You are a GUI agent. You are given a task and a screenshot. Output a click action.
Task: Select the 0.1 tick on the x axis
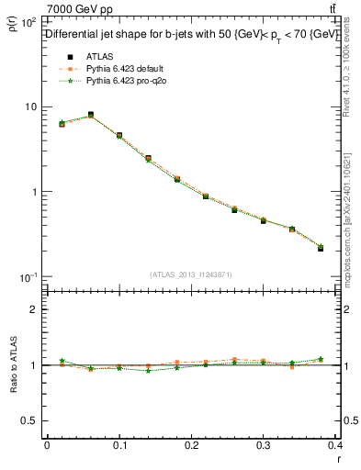pos(119,446)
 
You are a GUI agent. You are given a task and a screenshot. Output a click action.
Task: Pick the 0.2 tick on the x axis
pos(192,446)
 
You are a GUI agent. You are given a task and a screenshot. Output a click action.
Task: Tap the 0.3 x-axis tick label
pos(265,446)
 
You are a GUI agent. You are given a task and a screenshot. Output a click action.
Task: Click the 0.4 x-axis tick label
pos(336,446)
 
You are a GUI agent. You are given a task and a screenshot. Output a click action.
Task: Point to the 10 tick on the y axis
pos(30,107)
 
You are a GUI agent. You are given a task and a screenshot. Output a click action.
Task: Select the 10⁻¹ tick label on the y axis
pos(28,277)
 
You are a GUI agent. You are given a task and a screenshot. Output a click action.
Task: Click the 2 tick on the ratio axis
pos(34,309)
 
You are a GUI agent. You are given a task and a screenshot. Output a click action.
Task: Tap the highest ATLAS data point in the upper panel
pos(91,116)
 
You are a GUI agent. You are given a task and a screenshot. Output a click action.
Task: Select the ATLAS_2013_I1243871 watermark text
pos(192,274)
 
